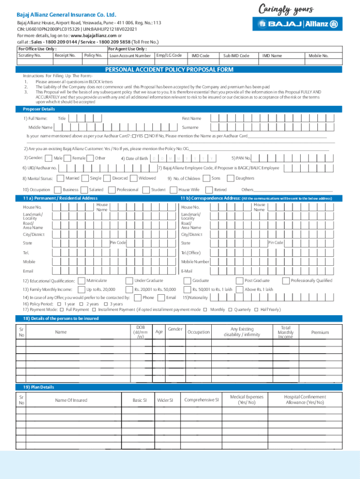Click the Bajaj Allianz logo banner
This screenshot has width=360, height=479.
[x=297, y=24]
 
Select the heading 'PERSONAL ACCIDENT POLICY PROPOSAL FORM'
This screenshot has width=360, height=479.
[x=169, y=70]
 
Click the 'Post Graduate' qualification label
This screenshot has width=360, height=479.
[x=257, y=280]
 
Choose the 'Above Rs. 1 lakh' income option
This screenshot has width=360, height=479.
[x=259, y=289]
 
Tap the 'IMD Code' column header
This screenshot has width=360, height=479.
[x=200, y=56]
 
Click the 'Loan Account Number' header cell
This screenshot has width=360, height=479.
[x=130, y=56]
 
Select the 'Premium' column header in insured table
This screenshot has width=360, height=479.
[x=320, y=332]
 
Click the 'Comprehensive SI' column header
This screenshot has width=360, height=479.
[x=201, y=400]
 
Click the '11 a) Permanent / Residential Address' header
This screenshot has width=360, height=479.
[x=60, y=198]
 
